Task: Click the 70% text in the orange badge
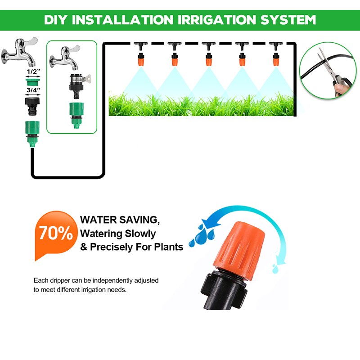[55, 233]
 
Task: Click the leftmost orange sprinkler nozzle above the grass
[139, 58]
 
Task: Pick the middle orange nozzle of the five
[208, 58]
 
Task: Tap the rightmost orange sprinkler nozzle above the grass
[275, 58]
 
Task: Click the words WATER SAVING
[120, 220]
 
